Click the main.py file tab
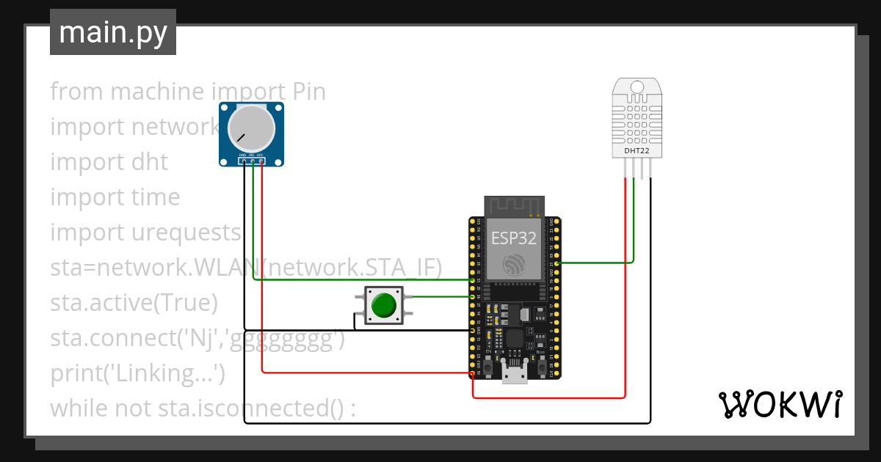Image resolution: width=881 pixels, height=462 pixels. pos(112,32)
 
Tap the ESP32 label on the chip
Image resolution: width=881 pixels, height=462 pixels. pos(514,238)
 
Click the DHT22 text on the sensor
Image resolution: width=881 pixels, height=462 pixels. pos(637,151)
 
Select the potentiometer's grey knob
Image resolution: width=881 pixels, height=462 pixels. pos(251,128)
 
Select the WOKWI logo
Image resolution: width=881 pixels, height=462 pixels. pos(780,404)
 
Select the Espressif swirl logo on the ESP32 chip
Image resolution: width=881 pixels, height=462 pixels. pos(514,265)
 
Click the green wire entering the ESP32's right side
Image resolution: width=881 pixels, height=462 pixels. pos(595,262)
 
